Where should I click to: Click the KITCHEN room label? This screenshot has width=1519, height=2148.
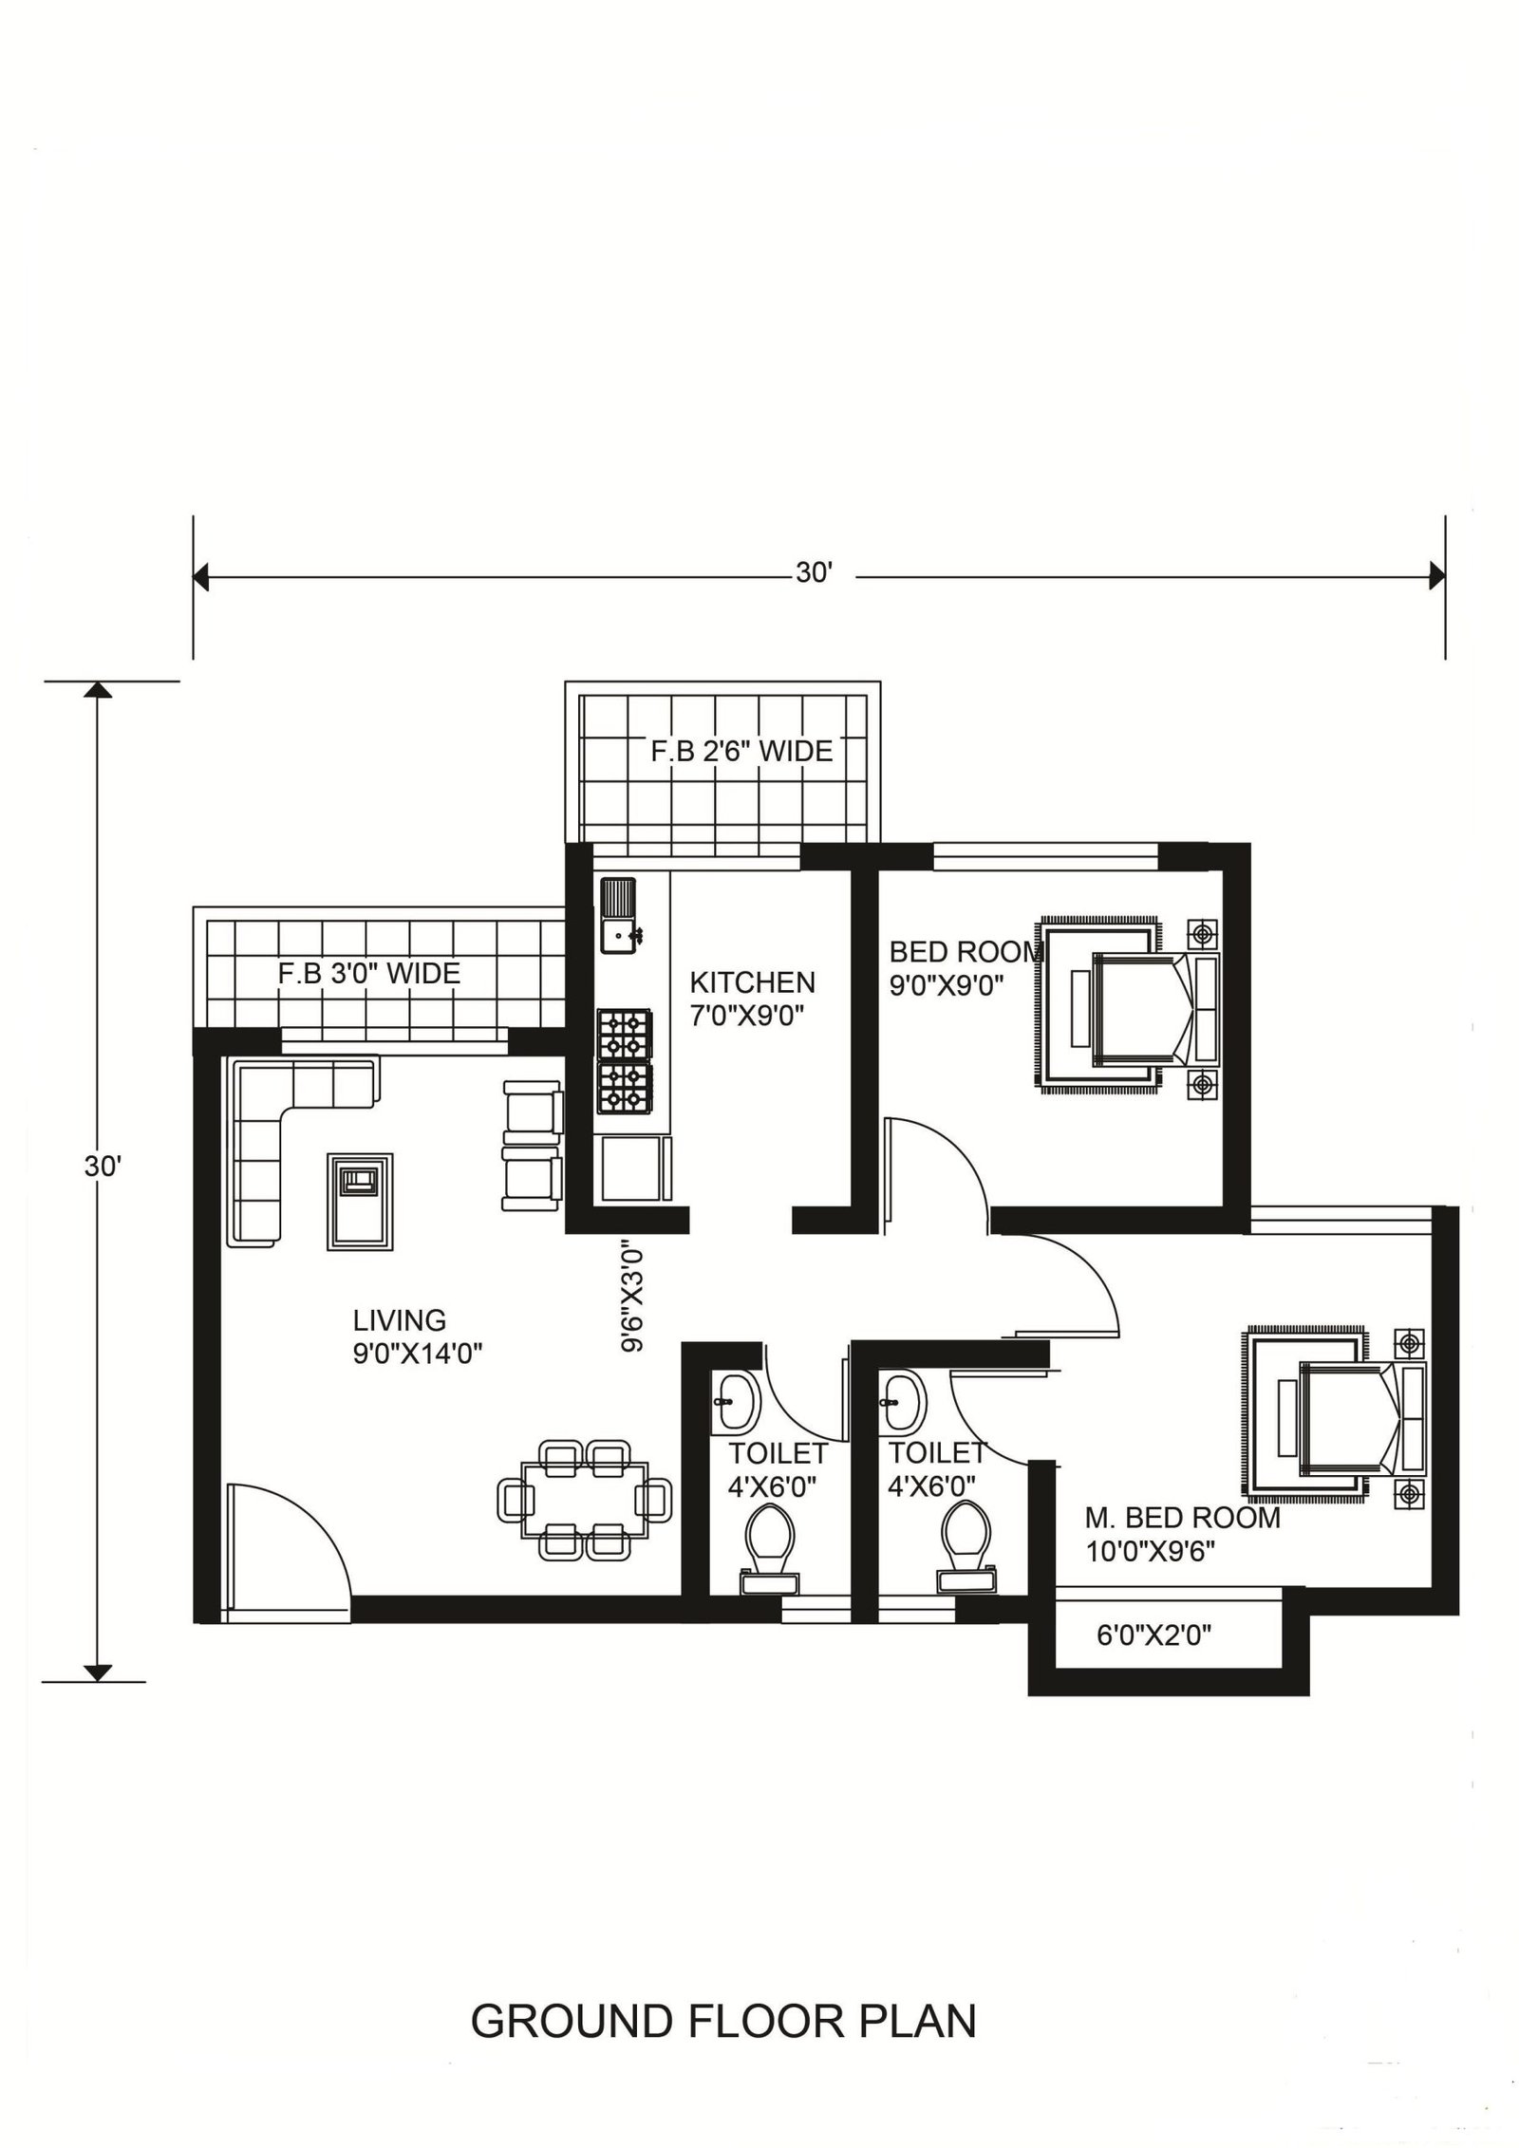point(752,981)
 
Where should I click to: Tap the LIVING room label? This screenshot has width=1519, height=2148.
point(400,1320)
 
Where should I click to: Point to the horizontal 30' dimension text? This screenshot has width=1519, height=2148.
point(814,574)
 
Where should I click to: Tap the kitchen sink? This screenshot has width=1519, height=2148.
point(621,914)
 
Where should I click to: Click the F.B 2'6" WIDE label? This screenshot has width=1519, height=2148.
point(741,752)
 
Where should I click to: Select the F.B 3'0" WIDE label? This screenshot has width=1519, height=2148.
point(369,974)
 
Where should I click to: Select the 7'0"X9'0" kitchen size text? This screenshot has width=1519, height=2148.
point(747,1017)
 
